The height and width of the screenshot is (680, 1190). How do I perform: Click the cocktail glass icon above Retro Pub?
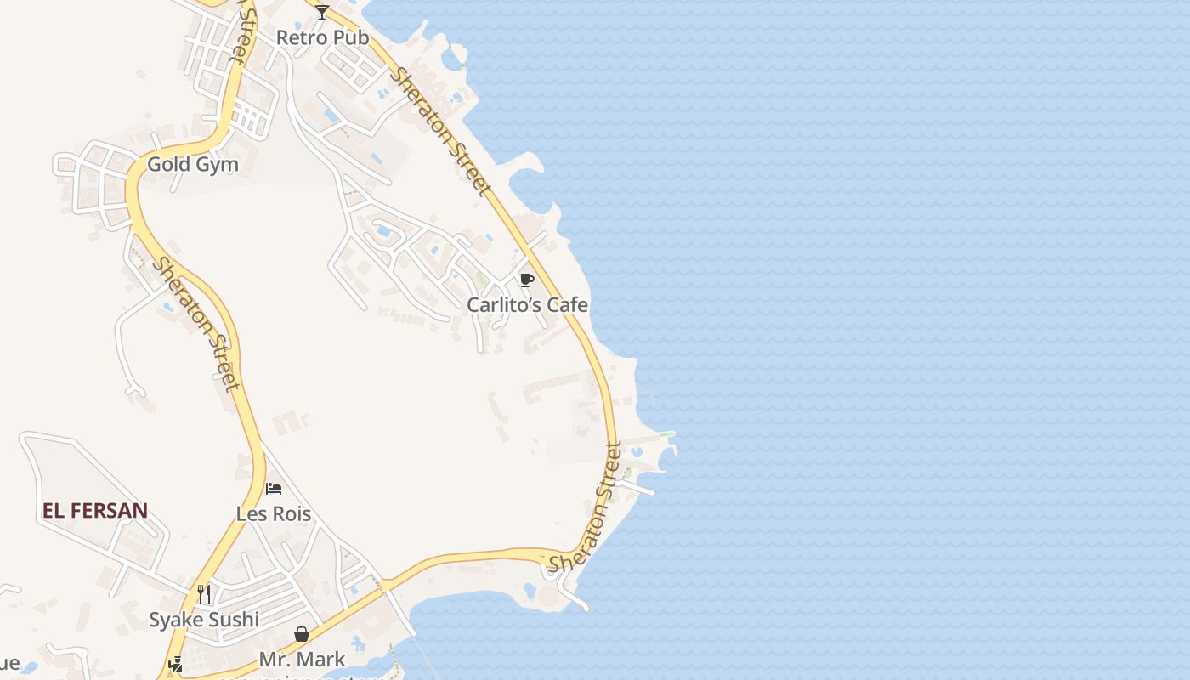coord(322,13)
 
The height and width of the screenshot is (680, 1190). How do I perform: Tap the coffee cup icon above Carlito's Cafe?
coord(527,280)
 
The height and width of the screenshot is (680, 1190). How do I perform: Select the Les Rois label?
coord(274,514)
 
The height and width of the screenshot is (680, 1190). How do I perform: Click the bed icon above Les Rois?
coord(274,489)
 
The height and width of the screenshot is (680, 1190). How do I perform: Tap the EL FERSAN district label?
coord(95,511)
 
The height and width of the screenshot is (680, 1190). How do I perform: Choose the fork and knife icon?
coord(204,593)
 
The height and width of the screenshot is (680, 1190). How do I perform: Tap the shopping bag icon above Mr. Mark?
coord(302,634)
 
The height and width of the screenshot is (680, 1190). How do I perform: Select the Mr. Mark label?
coord(303,660)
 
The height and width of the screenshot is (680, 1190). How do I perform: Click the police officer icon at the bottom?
coord(176,665)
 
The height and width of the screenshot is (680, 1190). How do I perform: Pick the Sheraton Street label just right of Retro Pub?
coord(440,131)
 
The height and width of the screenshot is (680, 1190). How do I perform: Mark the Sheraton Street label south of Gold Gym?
coord(195,324)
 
